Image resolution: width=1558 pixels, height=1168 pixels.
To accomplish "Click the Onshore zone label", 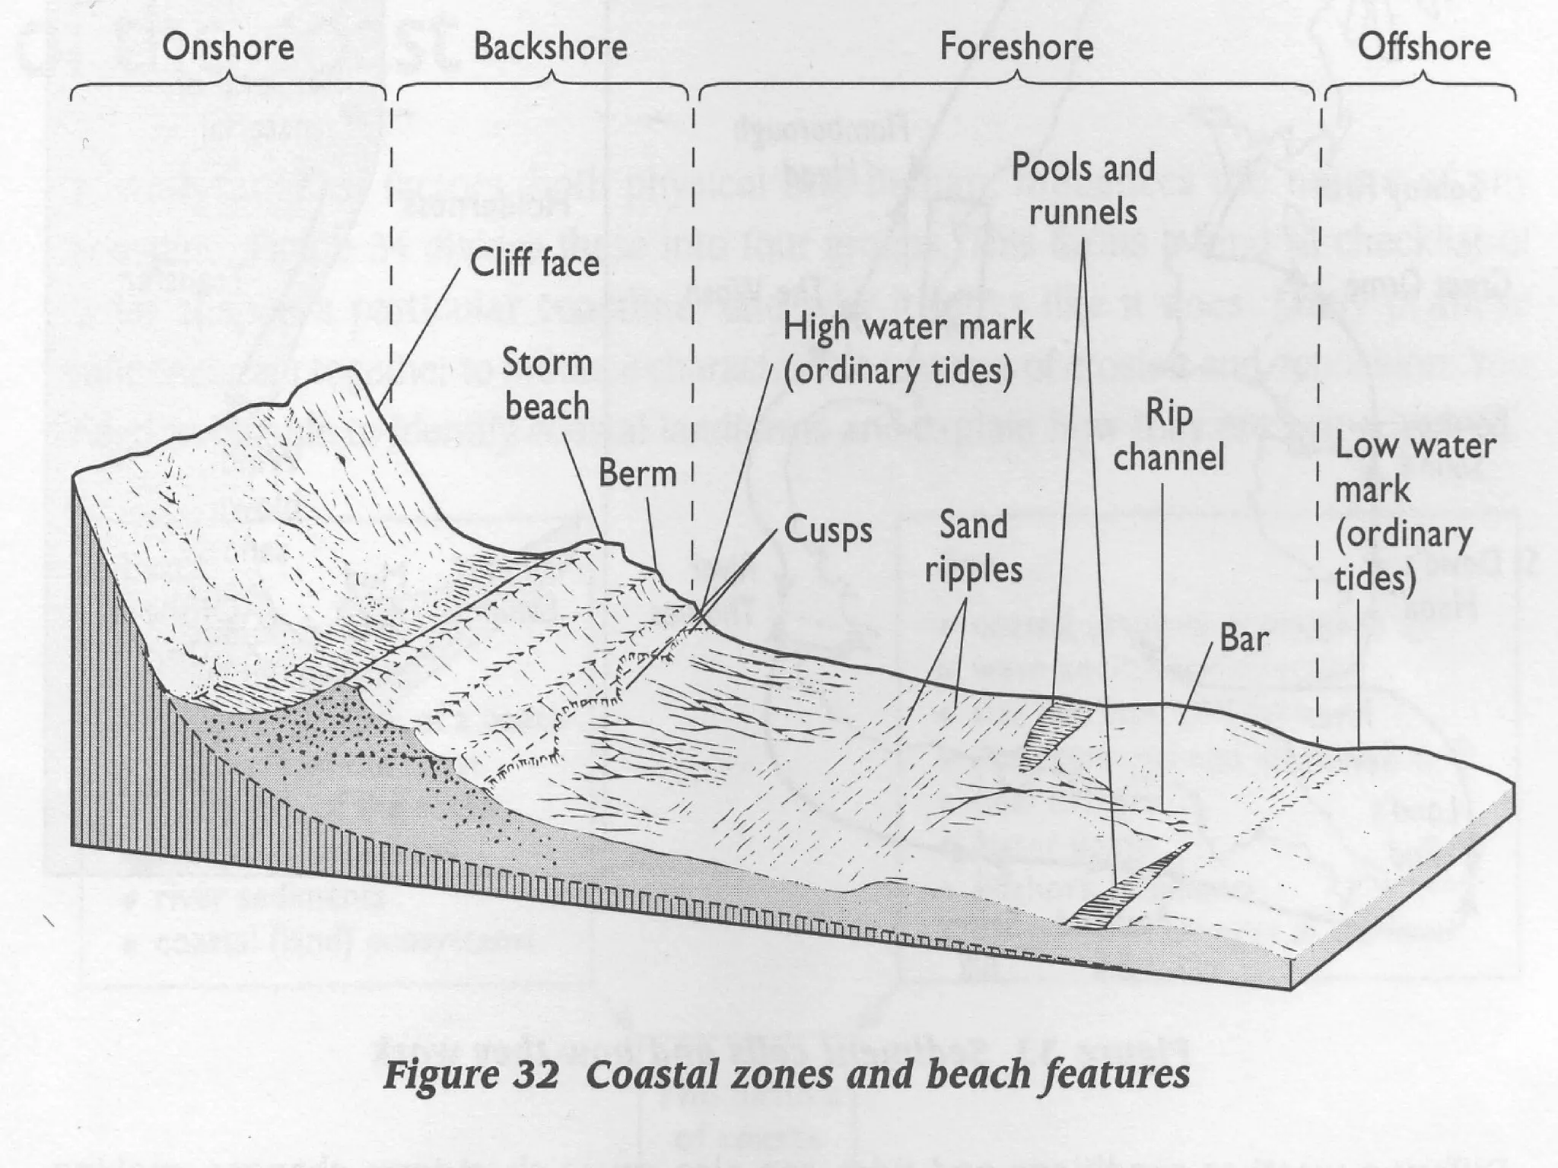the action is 228,47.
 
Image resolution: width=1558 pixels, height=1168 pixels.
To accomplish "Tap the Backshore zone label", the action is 550,47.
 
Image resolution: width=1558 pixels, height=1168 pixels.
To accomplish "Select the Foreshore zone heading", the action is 1016,47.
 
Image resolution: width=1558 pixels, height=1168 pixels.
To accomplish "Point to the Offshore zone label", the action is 1423,47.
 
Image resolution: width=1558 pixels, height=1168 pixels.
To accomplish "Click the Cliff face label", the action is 534,263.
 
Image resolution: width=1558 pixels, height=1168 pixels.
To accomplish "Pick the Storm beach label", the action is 547,385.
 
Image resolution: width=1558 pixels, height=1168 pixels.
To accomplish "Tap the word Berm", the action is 637,474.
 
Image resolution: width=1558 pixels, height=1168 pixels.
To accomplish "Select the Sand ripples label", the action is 973,547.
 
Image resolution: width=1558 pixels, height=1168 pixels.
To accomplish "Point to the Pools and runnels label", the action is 1083,189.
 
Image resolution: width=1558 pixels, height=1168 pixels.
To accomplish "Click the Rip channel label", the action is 1168,436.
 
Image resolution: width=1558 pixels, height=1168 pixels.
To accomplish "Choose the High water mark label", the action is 908,349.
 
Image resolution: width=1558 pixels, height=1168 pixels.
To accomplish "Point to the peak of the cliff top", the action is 351,370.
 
